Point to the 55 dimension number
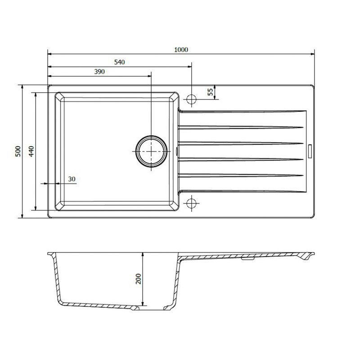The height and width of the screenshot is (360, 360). pos(210,92)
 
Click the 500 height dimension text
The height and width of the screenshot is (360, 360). pos(18,151)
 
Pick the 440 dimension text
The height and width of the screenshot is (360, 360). pos(31,151)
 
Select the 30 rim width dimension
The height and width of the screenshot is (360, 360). pos(72,179)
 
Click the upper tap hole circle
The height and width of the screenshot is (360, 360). pos(192,99)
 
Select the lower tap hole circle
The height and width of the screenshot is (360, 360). pos(192,203)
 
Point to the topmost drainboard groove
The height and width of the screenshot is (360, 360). pos(241,111)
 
